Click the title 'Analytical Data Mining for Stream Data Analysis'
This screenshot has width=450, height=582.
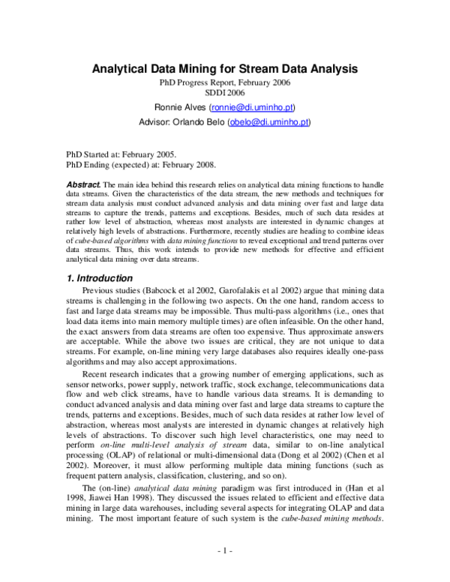tap(224, 69)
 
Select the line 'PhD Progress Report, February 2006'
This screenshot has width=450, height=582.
tap(224, 82)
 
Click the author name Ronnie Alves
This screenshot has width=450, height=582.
tap(178, 107)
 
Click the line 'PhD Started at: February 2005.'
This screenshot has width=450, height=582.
tap(121, 152)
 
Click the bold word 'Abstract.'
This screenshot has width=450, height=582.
tap(82, 184)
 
